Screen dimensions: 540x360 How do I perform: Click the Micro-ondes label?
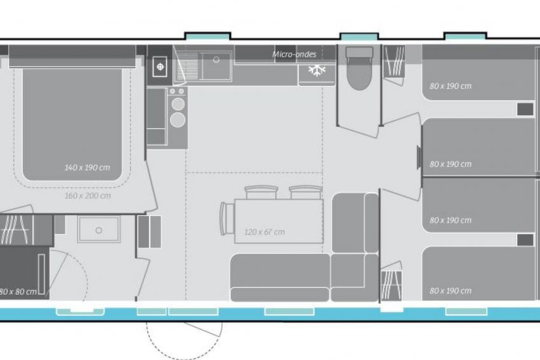point(294,54)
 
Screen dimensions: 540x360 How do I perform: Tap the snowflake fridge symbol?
point(316,70)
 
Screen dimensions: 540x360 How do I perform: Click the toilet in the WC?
point(359,68)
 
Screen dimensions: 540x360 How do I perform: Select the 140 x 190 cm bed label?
point(87,168)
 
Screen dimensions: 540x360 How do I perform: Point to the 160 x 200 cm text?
point(88,196)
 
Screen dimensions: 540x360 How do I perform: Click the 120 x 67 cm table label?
point(264,232)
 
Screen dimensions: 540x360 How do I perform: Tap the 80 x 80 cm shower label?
point(18,292)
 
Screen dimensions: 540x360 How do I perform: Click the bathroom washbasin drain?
point(99,230)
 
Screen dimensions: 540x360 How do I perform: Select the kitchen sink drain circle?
point(217,60)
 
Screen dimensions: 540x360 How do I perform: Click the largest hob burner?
point(178,120)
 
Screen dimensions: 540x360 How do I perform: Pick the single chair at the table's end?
point(227,219)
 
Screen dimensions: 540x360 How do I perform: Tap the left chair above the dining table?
point(261,192)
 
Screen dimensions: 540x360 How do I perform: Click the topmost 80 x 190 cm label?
point(450,86)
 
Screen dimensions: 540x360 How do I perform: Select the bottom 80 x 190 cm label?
point(450,291)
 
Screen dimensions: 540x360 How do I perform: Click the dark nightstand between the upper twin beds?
point(525,110)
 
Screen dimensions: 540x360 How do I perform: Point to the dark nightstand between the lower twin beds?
point(525,240)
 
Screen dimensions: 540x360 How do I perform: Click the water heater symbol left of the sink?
point(160,66)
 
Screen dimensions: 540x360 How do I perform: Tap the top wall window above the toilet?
point(359,36)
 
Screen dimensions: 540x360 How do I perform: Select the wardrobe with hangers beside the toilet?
point(394,61)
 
